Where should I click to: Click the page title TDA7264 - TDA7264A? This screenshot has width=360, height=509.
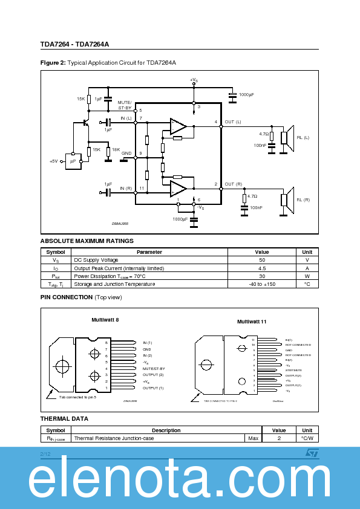[74, 44]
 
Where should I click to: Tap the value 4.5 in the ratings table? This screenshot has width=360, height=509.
[262, 268]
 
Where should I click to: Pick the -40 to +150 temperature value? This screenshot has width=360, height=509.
[262, 284]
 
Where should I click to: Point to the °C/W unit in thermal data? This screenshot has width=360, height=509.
[307, 438]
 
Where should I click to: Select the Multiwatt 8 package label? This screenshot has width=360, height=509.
[105, 319]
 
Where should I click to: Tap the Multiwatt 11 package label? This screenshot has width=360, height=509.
[251, 322]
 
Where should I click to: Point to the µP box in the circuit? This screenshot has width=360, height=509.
[73, 161]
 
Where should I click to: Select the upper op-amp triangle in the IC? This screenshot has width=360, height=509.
[178, 126]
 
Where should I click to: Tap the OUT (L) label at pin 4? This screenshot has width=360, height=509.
[232, 122]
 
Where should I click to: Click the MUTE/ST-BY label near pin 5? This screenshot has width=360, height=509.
[125, 105]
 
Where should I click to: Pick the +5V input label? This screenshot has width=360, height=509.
[53, 161]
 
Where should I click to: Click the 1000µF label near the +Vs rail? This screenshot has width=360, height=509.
[246, 95]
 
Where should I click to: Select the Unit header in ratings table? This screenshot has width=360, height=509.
[307, 251]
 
